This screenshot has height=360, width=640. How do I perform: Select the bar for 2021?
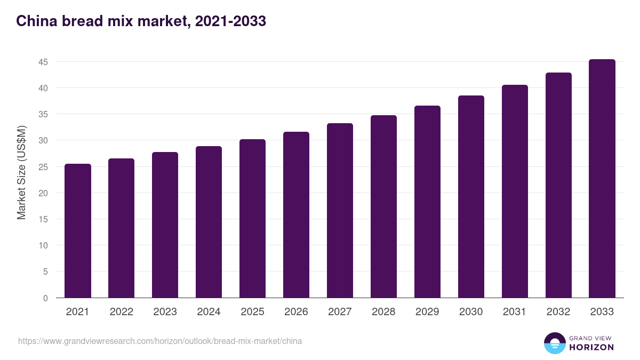pyautogui.click(x=78, y=230)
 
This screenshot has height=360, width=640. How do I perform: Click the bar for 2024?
pyautogui.click(x=209, y=222)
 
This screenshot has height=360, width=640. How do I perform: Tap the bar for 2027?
pyautogui.click(x=340, y=210)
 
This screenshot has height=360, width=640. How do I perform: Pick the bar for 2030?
pyautogui.click(x=471, y=196)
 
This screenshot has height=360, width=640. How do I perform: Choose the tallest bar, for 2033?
pyautogui.click(x=602, y=178)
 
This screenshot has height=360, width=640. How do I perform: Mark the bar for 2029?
pyautogui.click(x=427, y=202)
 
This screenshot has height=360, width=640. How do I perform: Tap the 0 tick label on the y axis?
pyautogui.click(x=45, y=298)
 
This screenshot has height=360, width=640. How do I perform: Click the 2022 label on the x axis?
pyautogui.click(x=121, y=312)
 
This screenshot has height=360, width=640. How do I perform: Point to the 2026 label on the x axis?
pyautogui.click(x=296, y=312)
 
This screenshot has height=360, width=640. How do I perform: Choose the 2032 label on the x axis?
pyautogui.click(x=558, y=312)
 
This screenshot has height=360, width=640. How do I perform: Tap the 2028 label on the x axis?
pyautogui.click(x=383, y=312)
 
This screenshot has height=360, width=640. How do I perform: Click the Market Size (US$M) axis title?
pyautogui.click(x=21, y=172)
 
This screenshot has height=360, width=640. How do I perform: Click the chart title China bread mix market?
pyautogui.click(x=141, y=21)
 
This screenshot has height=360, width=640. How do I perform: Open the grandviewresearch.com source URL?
pyautogui.click(x=160, y=341)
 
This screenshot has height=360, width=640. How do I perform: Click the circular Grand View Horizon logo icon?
pyautogui.click(x=555, y=343)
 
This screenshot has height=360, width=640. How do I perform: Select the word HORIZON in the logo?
pyautogui.click(x=592, y=347)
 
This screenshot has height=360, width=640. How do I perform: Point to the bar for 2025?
pyautogui.click(x=252, y=218)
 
